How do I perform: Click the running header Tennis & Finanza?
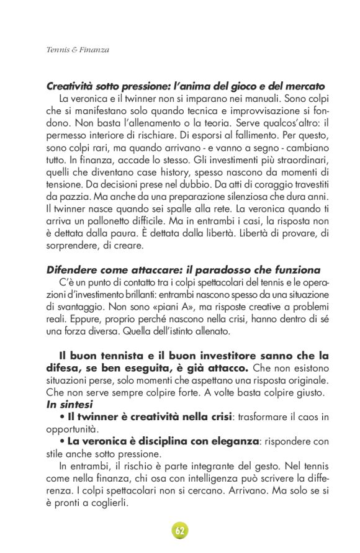tap(78, 50)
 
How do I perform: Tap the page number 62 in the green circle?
tap(180, 531)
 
